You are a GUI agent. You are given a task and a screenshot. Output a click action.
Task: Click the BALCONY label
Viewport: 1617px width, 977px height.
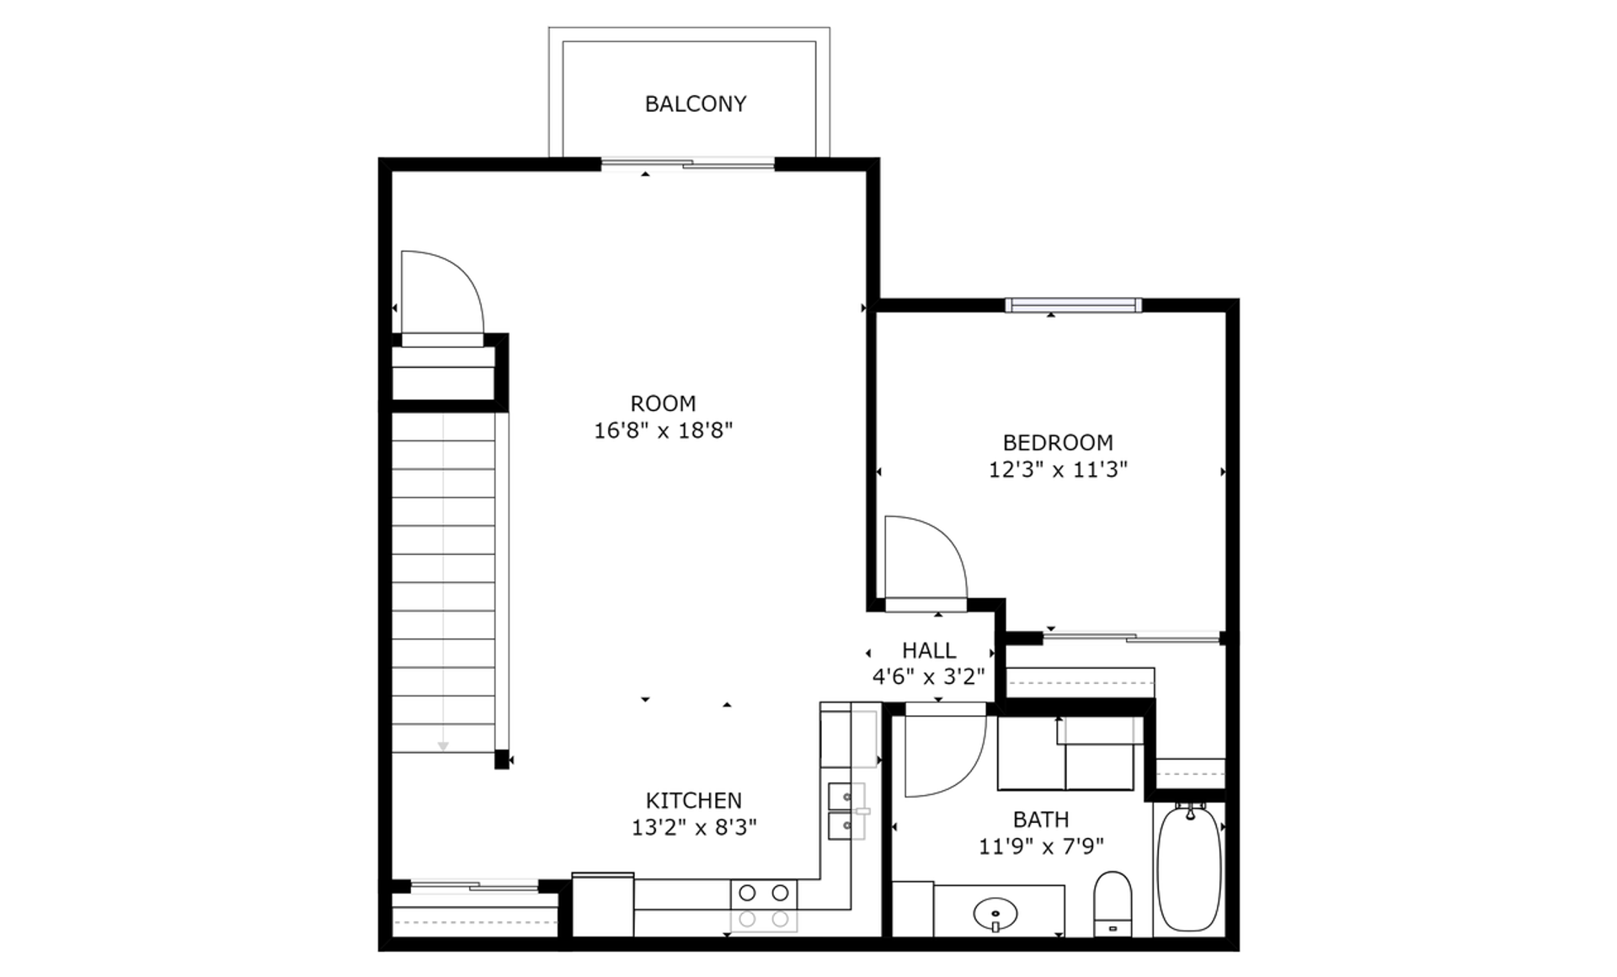click(x=696, y=104)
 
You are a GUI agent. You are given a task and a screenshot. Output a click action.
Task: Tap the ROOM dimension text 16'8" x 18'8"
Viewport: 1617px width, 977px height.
click(x=664, y=431)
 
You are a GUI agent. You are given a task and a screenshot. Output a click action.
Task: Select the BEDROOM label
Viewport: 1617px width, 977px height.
click(x=1058, y=442)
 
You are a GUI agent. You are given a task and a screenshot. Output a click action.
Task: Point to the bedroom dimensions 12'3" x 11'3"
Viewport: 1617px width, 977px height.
click(x=1058, y=470)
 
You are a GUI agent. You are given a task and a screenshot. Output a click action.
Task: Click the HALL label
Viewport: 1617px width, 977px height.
click(x=929, y=650)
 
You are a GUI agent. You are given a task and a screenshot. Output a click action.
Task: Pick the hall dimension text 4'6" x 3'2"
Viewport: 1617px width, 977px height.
click(x=929, y=677)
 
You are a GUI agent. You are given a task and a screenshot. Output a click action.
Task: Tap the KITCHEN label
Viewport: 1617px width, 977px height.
click(x=694, y=800)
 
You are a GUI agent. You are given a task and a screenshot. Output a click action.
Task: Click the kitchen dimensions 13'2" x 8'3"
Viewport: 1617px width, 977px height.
click(x=694, y=828)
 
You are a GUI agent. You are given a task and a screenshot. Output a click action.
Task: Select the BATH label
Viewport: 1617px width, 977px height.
click(x=1041, y=820)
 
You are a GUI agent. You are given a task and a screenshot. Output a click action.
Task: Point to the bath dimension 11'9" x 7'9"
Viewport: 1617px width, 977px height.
click(x=1041, y=846)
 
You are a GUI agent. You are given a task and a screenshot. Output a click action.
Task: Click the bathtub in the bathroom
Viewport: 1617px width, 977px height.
click(x=1188, y=868)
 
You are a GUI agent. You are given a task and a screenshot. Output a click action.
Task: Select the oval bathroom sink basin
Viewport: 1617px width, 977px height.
click(x=995, y=913)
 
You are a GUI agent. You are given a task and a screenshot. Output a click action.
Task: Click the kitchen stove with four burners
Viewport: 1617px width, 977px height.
click(x=764, y=905)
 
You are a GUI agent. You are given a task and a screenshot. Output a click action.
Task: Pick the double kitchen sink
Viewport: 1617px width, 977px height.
click(x=846, y=811)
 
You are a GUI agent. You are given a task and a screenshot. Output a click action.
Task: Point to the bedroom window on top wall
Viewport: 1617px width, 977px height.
click(x=1074, y=305)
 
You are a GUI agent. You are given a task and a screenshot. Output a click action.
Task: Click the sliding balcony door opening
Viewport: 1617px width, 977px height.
click(x=687, y=163)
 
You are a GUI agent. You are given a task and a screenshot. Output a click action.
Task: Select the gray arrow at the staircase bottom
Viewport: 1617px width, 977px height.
click(x=443, y=746)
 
